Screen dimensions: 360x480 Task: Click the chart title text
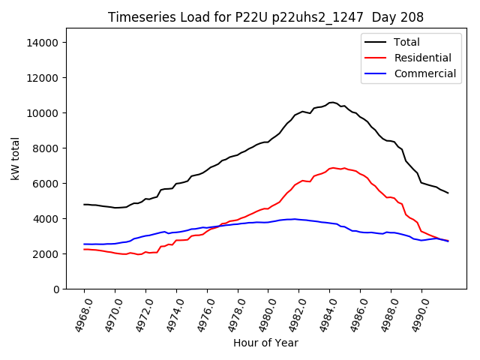pos(265,17)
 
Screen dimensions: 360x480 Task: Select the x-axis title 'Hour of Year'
pos(265,343)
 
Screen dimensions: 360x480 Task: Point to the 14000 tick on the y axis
pos(43,43)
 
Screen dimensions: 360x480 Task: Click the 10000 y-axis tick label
pos(43,113)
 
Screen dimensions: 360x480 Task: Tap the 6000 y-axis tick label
pos(46,184)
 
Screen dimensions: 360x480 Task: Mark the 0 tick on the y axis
pos(56,289)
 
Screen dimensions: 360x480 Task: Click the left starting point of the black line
pos(84,204)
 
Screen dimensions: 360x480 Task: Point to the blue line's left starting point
pos(84,244)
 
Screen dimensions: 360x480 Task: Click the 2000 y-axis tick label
pos(46,254)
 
